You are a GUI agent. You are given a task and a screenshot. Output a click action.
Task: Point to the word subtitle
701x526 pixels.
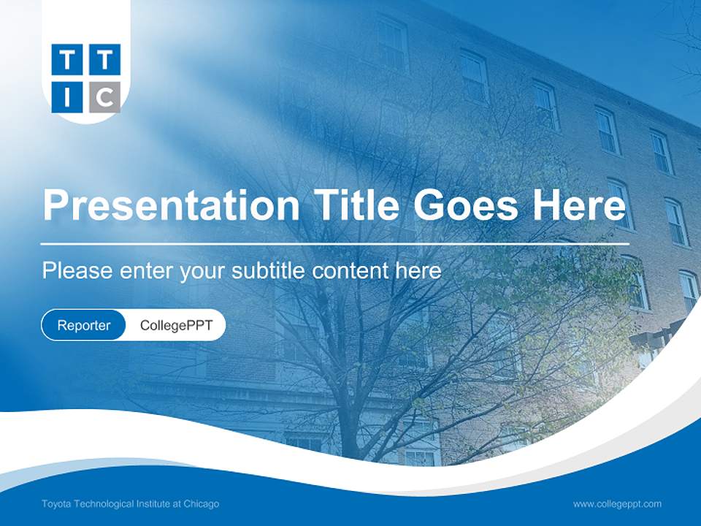(x=269, y=271)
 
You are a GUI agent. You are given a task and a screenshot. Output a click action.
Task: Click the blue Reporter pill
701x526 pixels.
(x=84, y=325)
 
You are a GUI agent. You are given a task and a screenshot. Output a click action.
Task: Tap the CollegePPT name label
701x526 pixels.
(x=176, y=325)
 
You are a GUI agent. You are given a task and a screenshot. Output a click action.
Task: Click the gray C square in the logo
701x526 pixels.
(x=105, y=97)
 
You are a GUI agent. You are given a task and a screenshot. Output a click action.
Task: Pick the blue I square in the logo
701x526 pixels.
(x=68, y=97)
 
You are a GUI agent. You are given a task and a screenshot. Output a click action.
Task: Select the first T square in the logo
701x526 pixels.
(x=68, y=60)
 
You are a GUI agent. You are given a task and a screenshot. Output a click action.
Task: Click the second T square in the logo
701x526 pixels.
(x=105, y=60)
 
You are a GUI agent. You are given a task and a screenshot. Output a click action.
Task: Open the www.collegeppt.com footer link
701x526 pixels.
(x=617, y=503)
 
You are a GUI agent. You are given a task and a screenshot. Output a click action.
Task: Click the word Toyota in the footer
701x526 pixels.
(x=55, y=503)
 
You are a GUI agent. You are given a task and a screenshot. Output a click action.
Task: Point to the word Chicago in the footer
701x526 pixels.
(x=201, y=503)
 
